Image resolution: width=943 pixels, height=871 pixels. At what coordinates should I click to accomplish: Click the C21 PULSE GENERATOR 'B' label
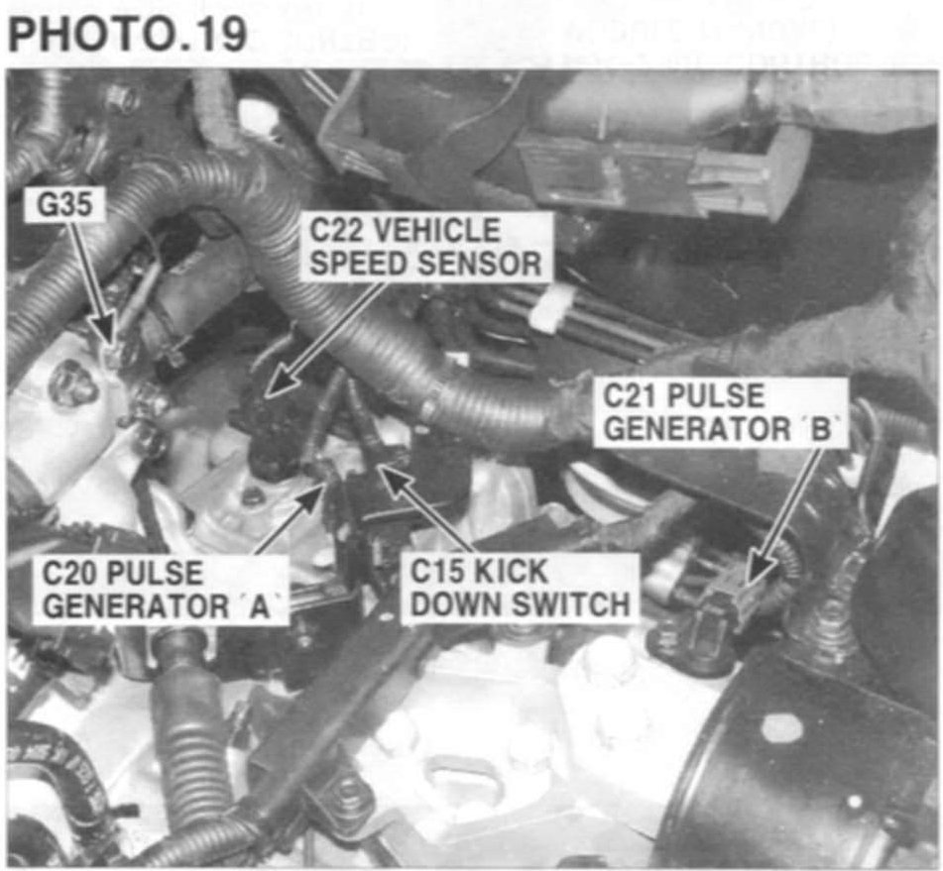(x=725, y=412)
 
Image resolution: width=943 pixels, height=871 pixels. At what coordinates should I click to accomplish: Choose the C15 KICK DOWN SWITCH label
(x=521, y=588)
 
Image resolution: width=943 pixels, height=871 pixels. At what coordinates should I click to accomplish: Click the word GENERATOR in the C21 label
(x=701, y=429)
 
